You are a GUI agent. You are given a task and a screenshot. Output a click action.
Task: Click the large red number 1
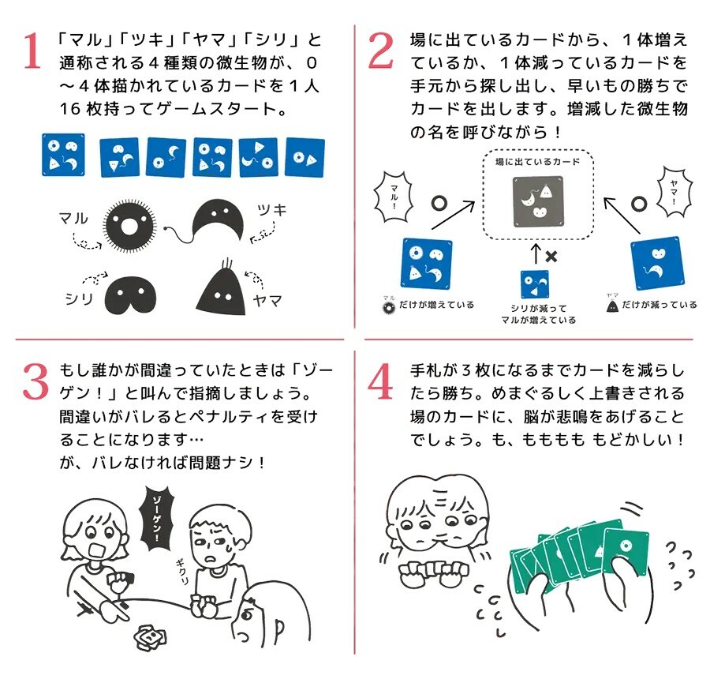click(32, 51)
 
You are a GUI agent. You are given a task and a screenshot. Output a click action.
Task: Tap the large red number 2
click(381, 51)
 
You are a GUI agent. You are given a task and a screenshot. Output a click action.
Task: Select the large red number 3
click(35, 381)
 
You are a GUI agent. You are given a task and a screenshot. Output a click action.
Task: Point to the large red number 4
click(380, 381)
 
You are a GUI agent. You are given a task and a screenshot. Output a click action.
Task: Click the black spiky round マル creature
click(129, 226)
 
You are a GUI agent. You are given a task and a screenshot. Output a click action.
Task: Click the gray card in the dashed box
click(538, 201)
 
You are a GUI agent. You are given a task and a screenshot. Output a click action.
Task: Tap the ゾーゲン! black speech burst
click(156, 518)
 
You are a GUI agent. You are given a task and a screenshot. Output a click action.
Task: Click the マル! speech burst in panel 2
click(394, 197)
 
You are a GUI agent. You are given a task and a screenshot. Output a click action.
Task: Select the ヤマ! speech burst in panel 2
click(674, 191)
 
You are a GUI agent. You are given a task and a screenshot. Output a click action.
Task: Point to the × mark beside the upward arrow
click(551, 257)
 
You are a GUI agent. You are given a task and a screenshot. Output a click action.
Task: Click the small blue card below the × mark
click(535, 284)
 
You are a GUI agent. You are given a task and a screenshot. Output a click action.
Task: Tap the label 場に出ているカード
click(537, 162)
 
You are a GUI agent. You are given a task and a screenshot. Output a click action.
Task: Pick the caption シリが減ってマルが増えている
click(538, 314)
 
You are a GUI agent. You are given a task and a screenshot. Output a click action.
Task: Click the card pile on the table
click(149, 636)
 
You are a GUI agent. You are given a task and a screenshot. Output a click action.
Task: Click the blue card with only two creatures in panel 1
click(305, 157)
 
